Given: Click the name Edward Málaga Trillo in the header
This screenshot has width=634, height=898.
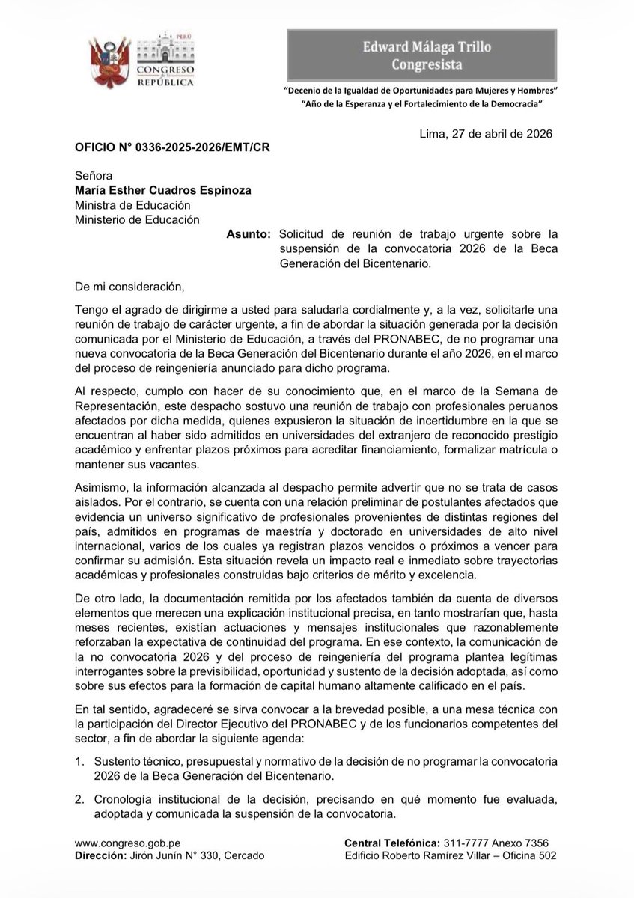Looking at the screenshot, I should click(427, 47).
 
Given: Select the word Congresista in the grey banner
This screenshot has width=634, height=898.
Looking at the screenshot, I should click(427, 64).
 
